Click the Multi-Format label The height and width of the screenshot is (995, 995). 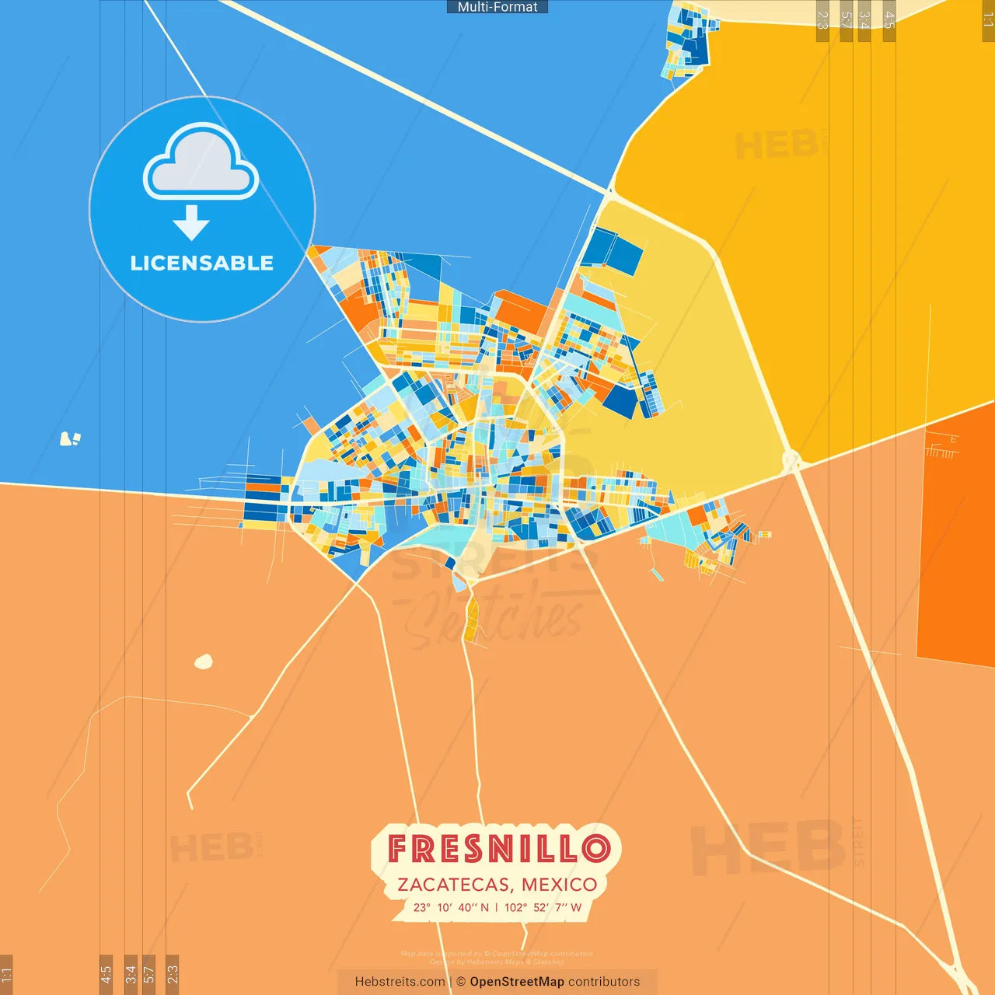point(497,7)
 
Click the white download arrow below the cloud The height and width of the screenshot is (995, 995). point(191,223)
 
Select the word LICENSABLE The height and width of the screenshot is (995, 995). point(202,263)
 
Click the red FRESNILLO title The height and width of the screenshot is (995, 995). point(498,848)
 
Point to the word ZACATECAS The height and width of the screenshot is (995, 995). point(454,885)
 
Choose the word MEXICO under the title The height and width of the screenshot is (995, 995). point(560,885)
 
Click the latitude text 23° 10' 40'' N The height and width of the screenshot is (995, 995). point(451,907)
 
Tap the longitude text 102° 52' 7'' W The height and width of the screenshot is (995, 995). point(543,907)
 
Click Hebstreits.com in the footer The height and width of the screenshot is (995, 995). point(400,982)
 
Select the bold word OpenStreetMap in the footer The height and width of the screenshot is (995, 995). point(517,982)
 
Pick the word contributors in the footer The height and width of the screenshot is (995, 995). point(604,982)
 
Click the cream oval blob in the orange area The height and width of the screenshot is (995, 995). point(204,662)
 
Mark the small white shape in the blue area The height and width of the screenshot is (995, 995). point(70,439)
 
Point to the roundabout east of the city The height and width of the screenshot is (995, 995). point(791,462)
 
